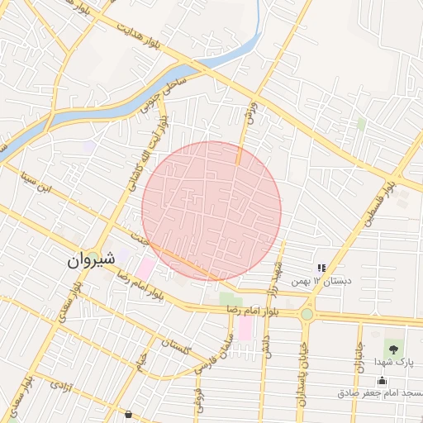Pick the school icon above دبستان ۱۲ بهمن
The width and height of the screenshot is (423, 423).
321,268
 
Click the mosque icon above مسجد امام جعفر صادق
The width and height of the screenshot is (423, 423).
382,381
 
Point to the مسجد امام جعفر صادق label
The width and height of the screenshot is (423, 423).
381,393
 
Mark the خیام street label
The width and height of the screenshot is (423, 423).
142,359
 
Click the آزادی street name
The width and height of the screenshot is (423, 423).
62,385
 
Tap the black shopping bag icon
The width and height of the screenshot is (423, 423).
127,414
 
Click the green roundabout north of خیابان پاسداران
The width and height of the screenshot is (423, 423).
307,314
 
